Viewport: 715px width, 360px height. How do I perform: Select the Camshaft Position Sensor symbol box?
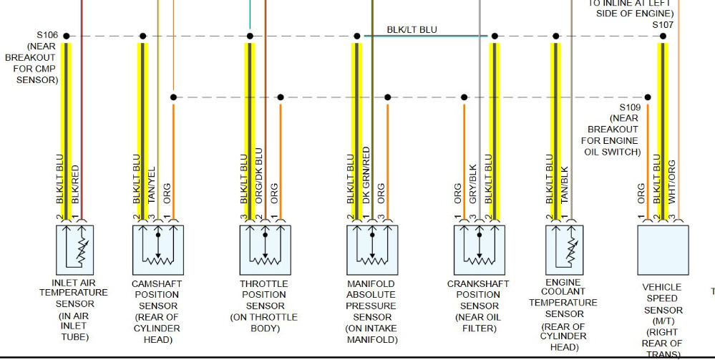pos(158,250)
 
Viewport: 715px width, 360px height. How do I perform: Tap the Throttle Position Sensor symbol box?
pos(265,250)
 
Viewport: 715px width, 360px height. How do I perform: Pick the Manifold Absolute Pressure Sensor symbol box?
pos(372,250)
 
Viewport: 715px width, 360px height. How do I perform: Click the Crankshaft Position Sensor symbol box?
pos(480,250)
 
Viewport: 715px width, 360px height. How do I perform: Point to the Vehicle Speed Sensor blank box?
pos(663,250)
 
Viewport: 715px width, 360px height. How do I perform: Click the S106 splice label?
pos(48,34)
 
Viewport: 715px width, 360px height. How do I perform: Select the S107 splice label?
pos(663,24)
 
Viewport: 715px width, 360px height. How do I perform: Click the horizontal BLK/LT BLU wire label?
pos(412,29)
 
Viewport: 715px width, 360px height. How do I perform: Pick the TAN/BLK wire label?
pos(564,185)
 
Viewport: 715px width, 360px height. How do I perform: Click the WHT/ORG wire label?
pos(671,183)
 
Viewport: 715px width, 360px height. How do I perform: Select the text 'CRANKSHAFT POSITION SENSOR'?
pos(478,295)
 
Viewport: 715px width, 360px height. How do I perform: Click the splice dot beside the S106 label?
pos(67,36)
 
